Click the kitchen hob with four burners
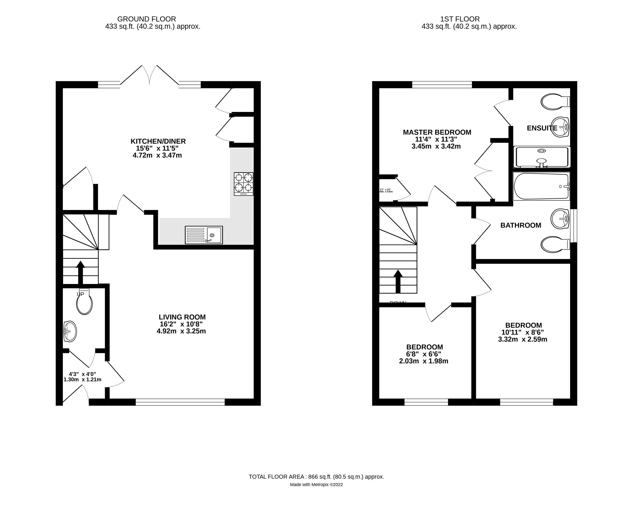coord(243,184)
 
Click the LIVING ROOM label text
coord(182,317)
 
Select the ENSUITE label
coord(542,128)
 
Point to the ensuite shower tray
coord(541,157)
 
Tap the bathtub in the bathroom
coord(541,186)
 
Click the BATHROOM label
coord(521,225)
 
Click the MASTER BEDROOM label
coord(437,132)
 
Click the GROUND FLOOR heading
coord(146,19)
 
